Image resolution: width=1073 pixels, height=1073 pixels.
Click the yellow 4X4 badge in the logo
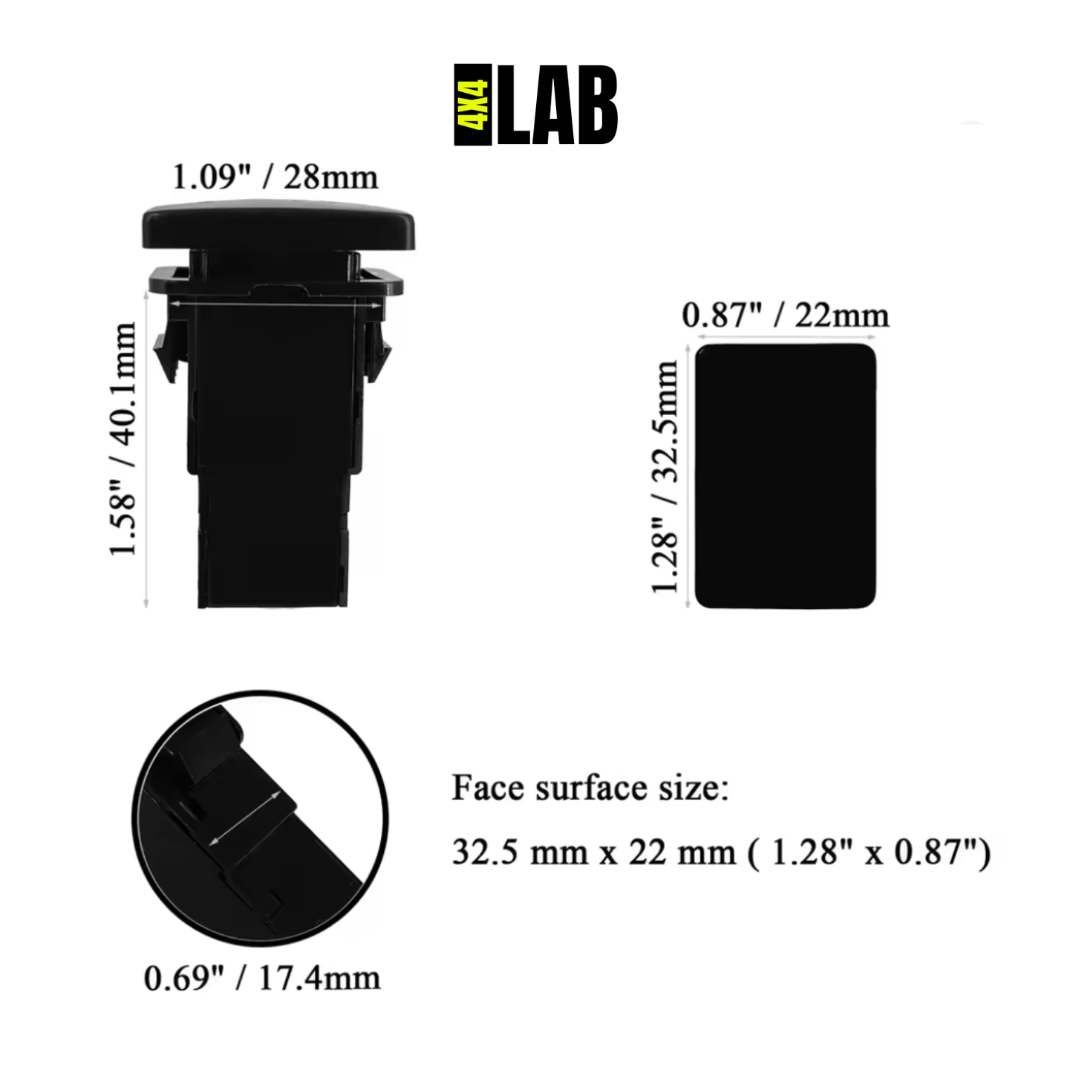(x=473, y=105)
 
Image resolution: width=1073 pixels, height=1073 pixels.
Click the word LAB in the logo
(x=557, y=105)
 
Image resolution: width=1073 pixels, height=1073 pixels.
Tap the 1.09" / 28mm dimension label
(x=275, y=177)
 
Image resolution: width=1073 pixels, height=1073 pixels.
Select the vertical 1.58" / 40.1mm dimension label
(x=123, y=438)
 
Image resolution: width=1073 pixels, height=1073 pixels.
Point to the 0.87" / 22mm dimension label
(x=785, y=316)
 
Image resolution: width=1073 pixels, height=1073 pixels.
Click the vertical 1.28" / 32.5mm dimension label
(x=665, y=476)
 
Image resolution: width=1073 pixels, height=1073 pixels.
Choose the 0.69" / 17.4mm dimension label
(x=261, y=978)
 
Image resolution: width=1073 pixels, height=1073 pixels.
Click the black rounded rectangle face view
(x=785, y=476)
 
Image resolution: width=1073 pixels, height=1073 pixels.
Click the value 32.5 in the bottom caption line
(x=484, y=852)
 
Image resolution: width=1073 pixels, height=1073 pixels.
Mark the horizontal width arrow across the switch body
(x=274, y=304)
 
